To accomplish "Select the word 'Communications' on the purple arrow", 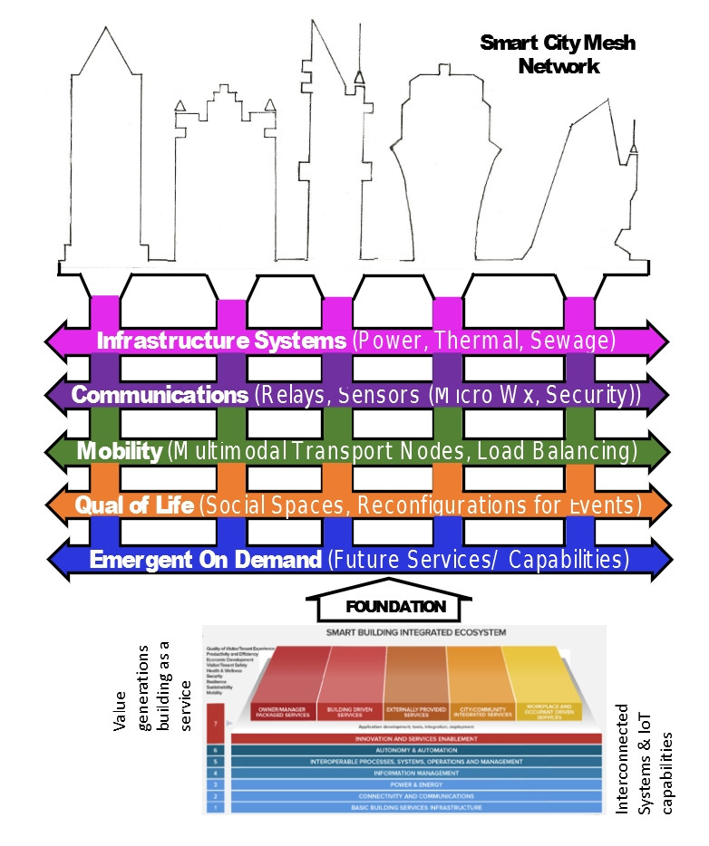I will point(159,395).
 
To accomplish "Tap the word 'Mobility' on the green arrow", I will point(120,450).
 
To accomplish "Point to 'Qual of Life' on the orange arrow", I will point(134,505).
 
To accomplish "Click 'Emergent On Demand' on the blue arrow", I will point(205,560).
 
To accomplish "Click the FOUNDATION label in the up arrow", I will point(396,606).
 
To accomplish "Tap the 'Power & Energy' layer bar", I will point(416,784).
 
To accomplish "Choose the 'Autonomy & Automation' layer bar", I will point(416,751).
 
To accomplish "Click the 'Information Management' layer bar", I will point(416,774).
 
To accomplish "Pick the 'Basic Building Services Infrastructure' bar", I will point(416,806).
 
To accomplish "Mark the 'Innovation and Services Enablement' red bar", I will point(416,738).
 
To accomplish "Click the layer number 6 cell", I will point(215,751).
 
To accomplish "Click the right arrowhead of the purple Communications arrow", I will point(659,395).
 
